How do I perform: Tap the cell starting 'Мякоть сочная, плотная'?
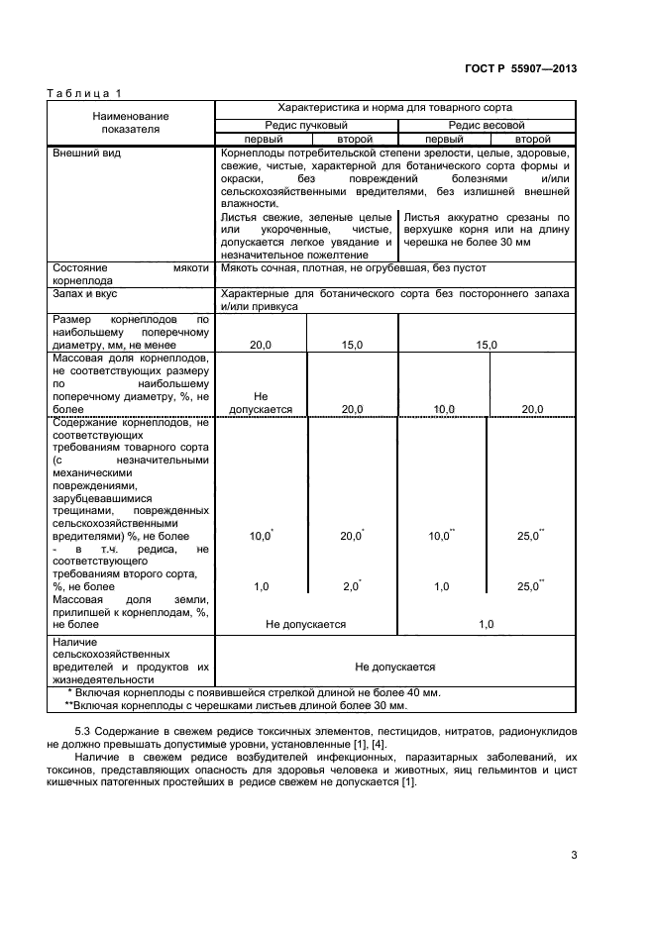pyautogui.click(x=354, y=267)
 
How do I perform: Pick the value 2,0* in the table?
pyautogui.click(x=351, y=586)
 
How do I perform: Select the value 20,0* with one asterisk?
pyautogui.click(x=351, y=535)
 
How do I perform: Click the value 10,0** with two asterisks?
pyautogui.click(x=441, y=535)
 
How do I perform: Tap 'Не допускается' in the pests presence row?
pyautogui.click(x=394, y=667)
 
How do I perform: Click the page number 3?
pyautogui.click(x=574, y=855)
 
